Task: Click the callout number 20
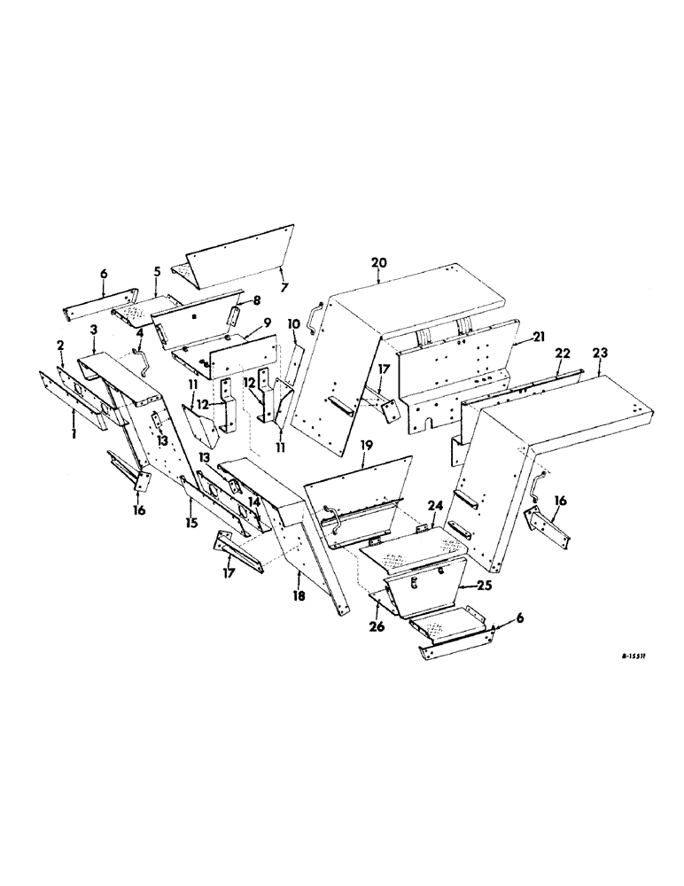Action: [x=379, y=263]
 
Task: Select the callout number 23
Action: [x=600, y=352]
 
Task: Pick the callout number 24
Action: [x=434, y=506]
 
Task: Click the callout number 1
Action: [x=74, y=438]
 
